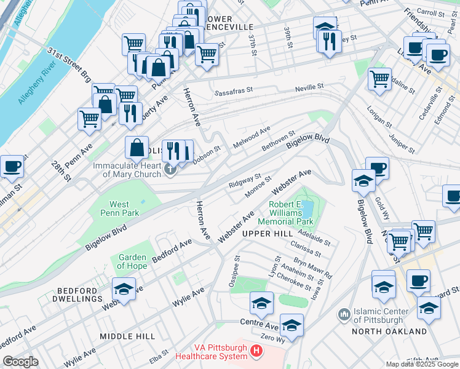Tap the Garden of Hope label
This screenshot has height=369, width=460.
point(132,262)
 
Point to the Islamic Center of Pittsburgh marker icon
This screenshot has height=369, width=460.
point(344,315)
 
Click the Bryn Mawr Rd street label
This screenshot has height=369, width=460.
point(312,266)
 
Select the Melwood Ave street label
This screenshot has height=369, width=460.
point(252,138)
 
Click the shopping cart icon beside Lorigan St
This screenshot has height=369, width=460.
point(379,78)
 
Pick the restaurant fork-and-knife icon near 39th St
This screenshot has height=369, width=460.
point(330,41)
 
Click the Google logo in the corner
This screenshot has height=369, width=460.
point(20,362)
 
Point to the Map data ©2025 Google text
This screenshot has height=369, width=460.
point(421,364)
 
